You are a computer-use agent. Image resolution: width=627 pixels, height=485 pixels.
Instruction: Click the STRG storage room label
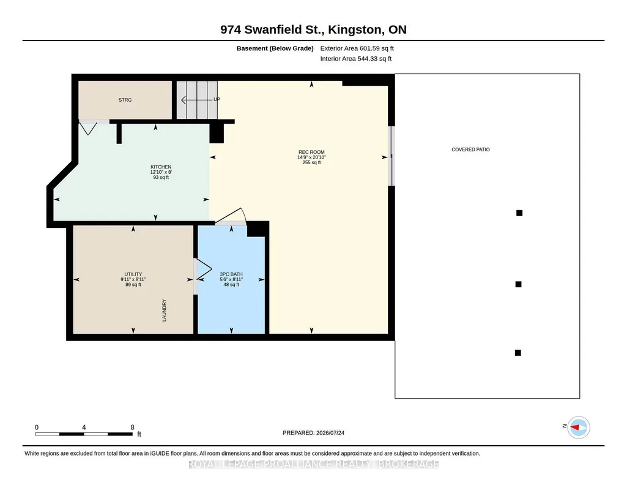(125, 100)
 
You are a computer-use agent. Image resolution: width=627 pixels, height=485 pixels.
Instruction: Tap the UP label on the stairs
(217, 99)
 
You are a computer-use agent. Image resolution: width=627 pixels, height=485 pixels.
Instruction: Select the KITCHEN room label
(161, 167)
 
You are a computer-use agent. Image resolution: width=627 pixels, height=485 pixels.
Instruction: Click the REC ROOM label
(311, 152)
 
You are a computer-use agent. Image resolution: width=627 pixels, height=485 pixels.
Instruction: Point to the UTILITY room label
(133, 274)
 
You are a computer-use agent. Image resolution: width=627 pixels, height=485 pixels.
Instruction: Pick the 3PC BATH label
(231, 274)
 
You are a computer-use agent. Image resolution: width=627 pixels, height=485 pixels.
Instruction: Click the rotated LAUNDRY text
(164, 310)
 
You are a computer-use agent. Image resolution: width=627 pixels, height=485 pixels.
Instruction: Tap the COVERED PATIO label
(470, 149)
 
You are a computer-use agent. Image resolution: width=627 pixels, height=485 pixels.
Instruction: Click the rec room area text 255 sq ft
(311, 162)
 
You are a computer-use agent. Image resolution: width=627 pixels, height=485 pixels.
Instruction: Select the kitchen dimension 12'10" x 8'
(161, 172)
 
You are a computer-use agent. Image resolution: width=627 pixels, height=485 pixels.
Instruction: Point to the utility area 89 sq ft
(133, 285)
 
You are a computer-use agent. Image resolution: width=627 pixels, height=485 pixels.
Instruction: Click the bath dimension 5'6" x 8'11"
(231, 279)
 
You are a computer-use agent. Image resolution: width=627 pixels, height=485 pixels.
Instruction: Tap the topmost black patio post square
(519, 213)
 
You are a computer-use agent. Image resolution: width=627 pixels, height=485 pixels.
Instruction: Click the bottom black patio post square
(518, 353)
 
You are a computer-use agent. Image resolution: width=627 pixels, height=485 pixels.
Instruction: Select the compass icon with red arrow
(579, 427)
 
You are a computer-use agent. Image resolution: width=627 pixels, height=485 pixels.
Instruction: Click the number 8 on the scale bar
(132, 427)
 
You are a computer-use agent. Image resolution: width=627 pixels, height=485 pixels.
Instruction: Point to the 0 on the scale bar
(37, 427)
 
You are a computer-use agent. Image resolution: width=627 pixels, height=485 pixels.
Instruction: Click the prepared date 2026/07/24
(330, 432)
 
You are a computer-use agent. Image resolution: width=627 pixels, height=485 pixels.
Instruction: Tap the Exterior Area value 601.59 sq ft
(377, 48)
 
